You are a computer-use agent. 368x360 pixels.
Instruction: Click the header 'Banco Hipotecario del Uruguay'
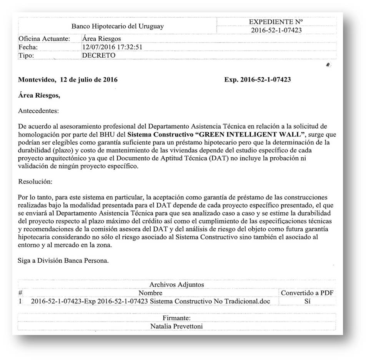click(x=118, y=27)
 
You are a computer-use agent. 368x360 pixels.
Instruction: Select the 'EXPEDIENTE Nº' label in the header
click(x=276, y=22)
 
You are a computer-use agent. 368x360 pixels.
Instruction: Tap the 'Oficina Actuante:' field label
click(x=44, y=39)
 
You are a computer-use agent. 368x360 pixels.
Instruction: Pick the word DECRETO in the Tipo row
click(x=99, y=55)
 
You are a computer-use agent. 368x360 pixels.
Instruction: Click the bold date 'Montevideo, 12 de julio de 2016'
click(x=68, y=80)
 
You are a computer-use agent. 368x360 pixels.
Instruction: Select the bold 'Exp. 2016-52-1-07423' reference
click(x=257, y=80)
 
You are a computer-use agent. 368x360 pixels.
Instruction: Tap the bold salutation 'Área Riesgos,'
click(x=39, y=96)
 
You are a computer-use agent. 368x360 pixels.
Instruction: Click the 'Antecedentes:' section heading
click(x=38, y=111)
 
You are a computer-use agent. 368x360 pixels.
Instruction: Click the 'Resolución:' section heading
click(x=35, y=181)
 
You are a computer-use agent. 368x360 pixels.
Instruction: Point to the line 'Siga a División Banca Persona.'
click(x=63, y=260)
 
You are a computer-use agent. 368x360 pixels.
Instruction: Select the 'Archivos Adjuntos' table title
click(x=177, y=285)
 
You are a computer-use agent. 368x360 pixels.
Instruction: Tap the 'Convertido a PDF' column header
click(x=307, y=293)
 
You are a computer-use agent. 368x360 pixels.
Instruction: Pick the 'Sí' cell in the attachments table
click(x=307, y=302)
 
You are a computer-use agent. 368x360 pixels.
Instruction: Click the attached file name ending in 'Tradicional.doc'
click(x=150, y=302)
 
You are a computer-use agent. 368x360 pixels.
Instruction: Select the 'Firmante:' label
click(x=177, y=318)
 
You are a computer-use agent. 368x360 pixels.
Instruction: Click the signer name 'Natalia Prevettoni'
click(x=177, y=327)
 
